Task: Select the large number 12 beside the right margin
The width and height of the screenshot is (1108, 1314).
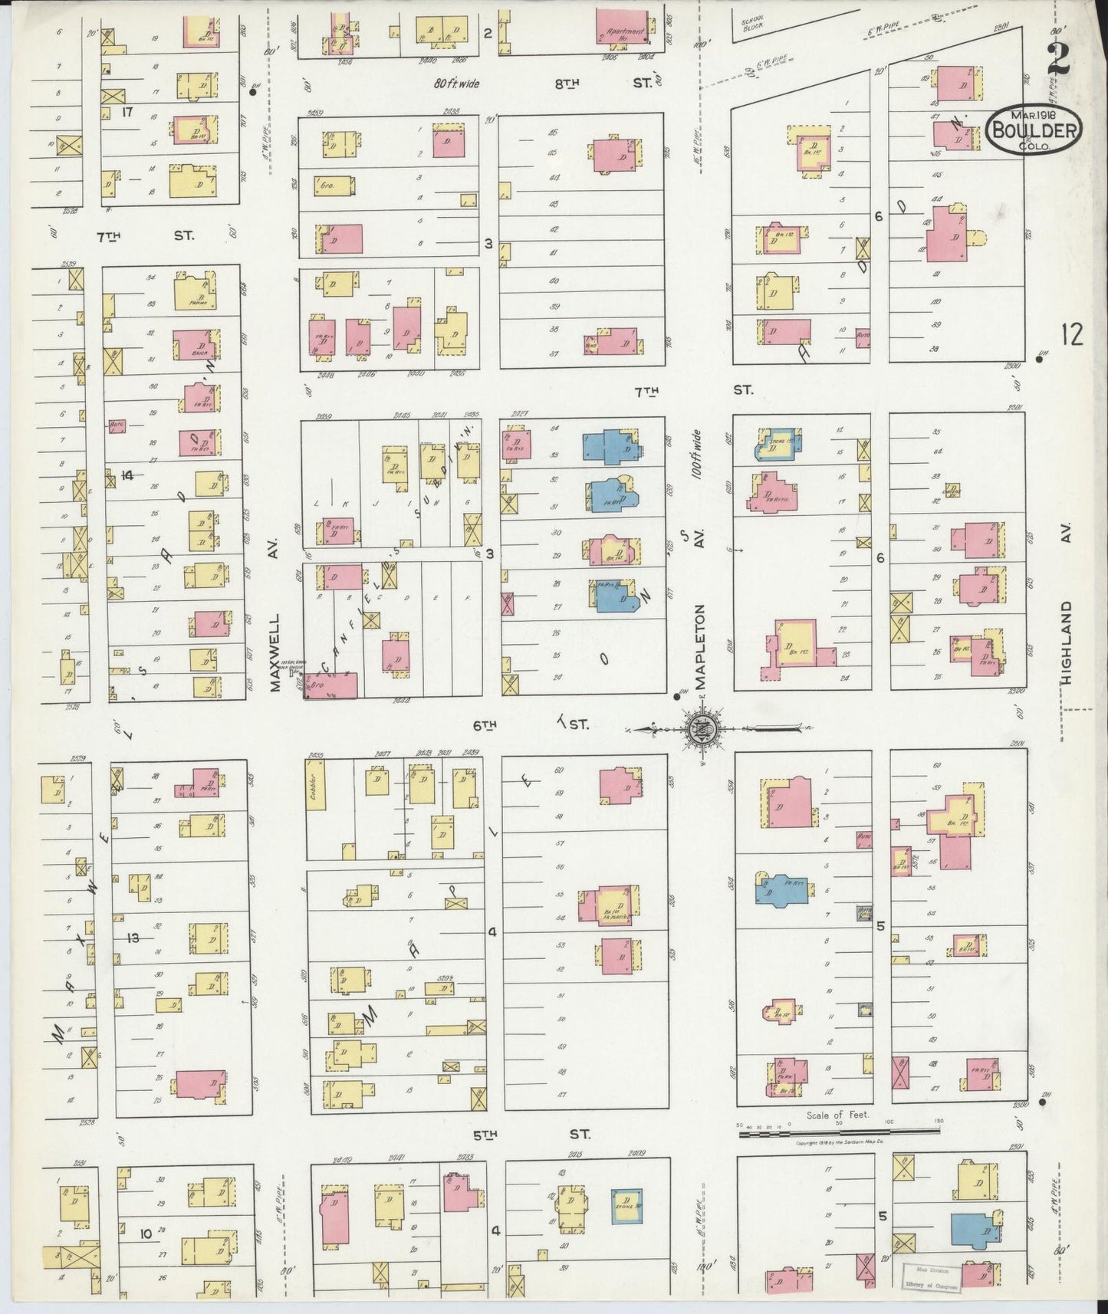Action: tap(1071, 335)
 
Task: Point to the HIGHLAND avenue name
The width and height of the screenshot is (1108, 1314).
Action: tap(1069, 639)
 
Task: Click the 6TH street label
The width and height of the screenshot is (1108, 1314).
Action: tap(485, 723)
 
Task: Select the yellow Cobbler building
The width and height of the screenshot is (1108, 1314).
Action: tap(317, 797)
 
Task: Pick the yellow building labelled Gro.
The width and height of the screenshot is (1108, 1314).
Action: tap(334, 184)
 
